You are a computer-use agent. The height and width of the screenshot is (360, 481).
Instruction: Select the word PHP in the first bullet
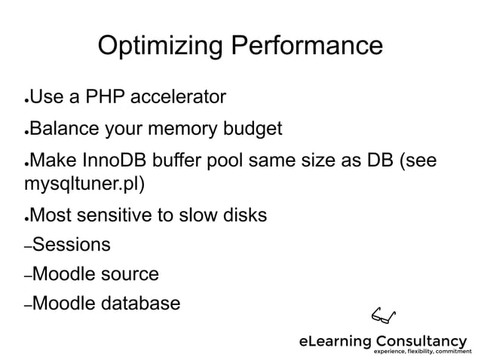[106, 97]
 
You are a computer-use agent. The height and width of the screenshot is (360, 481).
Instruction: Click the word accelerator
[178, 97]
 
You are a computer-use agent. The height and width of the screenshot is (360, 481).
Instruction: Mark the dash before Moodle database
[28, 307]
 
